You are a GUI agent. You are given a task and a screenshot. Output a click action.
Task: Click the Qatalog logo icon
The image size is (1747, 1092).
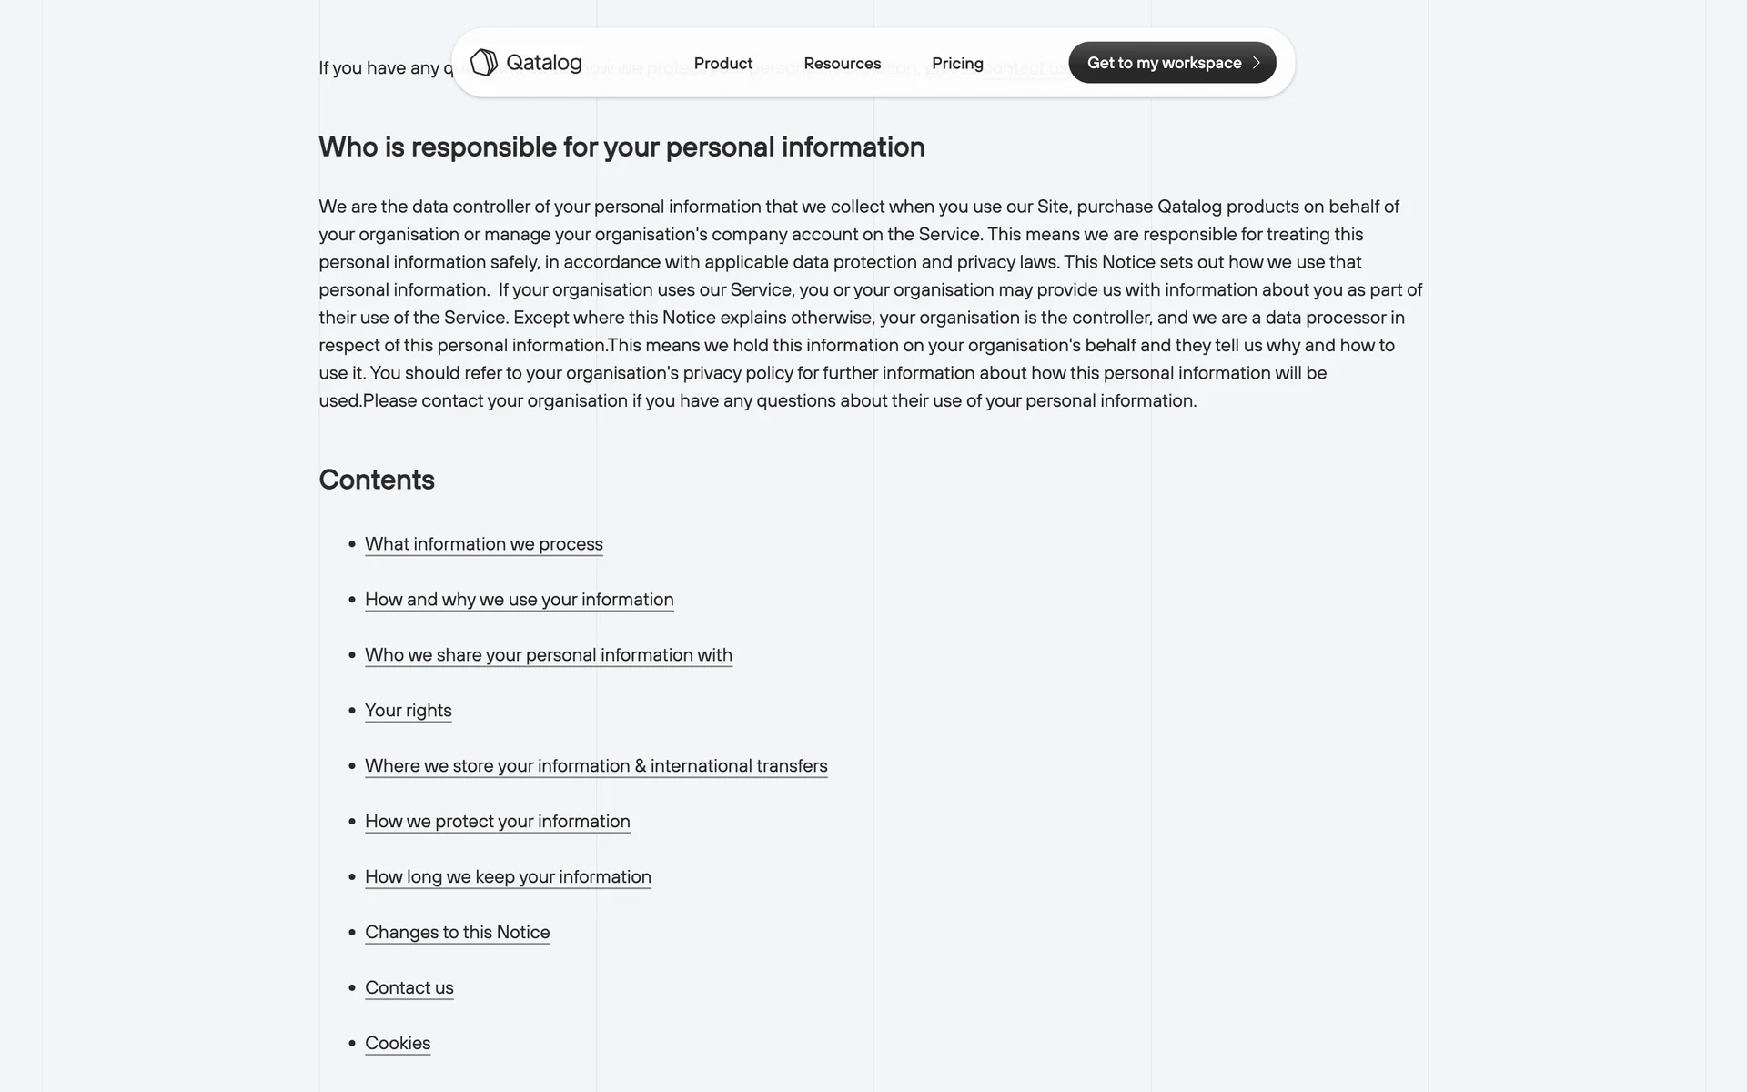pyautogui.click(x=483, y=63)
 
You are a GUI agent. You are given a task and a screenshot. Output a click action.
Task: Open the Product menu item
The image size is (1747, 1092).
pyautogui.click(x=723, y=63)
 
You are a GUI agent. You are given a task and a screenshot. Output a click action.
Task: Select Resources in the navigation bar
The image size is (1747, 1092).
pyautogui.click(x=842, y=63)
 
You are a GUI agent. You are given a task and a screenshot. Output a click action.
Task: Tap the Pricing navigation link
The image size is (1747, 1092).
pyautogui.click(x=957, y=63)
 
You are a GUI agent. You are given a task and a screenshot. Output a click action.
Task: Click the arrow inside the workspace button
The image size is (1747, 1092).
pyautogui.click(x=1257, y=63)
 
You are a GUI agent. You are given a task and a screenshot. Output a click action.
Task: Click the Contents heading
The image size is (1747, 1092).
pyautogui.click(x=377, y=480)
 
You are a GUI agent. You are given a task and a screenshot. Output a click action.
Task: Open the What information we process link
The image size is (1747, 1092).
pyautogui.click(x=483, y=544)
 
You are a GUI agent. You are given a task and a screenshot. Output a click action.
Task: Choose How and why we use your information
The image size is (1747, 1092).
pyautogui.click(x=519, y=600)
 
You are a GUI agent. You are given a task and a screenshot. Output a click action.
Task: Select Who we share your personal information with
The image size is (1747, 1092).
pyautogui.click(x=548, y=655)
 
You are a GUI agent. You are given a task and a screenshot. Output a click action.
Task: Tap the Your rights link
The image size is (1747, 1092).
pyautogui.click(x=408, y=711)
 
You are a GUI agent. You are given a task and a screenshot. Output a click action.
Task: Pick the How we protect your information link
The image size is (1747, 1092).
pyautogui.click(x=497, y=822)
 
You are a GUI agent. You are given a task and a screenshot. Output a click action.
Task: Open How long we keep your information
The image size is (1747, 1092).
pyautogui.click(x=508, y=877)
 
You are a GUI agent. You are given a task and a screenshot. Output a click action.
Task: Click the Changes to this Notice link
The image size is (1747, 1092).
pyautogui.click(x=457, y=933)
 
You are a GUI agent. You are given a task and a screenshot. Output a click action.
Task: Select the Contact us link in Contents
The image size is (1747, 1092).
pyautogui.click(x=409, y=988)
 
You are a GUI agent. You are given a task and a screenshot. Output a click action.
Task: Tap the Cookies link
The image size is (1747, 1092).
pyautogui.click(x=398, y=1044)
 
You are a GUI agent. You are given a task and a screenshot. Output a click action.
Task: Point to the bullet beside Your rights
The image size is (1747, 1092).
pyautogui.click(x=352, y=711)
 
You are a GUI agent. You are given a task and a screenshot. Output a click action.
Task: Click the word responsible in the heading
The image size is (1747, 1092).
pyautogui.click(x=483, y=147)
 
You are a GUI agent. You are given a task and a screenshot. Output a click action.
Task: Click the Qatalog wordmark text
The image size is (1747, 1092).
pyautogui.click(x=543, y=63)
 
